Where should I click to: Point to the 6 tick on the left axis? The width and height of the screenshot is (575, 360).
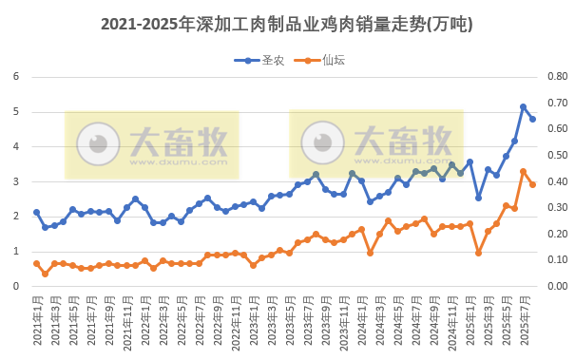pos(16,77)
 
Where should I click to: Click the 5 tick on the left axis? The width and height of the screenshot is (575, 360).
pos(16,112)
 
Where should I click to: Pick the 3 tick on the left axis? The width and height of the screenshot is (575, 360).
pos(16,181)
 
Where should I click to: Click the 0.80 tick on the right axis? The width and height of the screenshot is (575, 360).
pos(556,77)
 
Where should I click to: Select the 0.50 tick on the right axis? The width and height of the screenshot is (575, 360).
pos(556,156)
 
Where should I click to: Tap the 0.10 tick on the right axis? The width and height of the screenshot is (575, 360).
pos(556,260)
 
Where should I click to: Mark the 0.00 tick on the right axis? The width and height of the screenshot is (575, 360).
pos(556,286)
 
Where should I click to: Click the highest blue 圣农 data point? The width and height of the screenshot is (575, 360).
pos(524,107)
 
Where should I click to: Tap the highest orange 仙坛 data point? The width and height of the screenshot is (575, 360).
pos(524,172)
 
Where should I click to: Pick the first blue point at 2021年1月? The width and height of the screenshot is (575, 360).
pos(36,213)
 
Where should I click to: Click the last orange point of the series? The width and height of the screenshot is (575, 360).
pos(533,184)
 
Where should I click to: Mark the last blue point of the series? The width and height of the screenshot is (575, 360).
pos(533,119)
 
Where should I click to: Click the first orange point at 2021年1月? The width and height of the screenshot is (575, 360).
pos(36,264)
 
